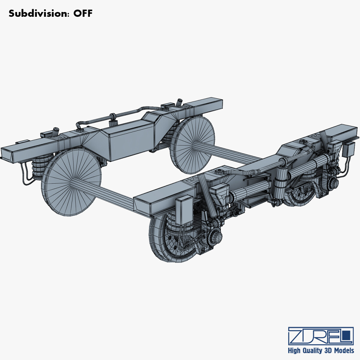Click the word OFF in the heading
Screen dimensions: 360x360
83,13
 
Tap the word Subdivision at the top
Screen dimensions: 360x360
38,13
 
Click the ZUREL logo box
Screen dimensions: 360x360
320,336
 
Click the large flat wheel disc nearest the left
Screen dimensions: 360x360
71,183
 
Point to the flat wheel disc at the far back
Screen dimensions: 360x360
193,145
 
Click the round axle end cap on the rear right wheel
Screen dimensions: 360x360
333,182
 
